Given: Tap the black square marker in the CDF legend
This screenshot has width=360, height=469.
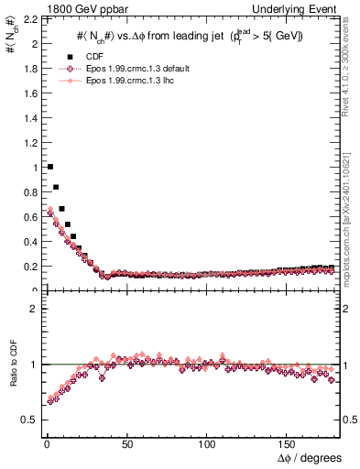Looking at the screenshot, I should point(69,57).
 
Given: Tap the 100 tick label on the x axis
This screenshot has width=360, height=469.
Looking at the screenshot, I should point(208,445).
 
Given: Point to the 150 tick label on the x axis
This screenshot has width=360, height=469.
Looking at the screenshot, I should point(289,445).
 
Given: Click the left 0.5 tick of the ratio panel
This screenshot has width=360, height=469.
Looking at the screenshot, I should point(27,420).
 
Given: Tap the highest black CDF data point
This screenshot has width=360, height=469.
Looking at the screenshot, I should point(49,167).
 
